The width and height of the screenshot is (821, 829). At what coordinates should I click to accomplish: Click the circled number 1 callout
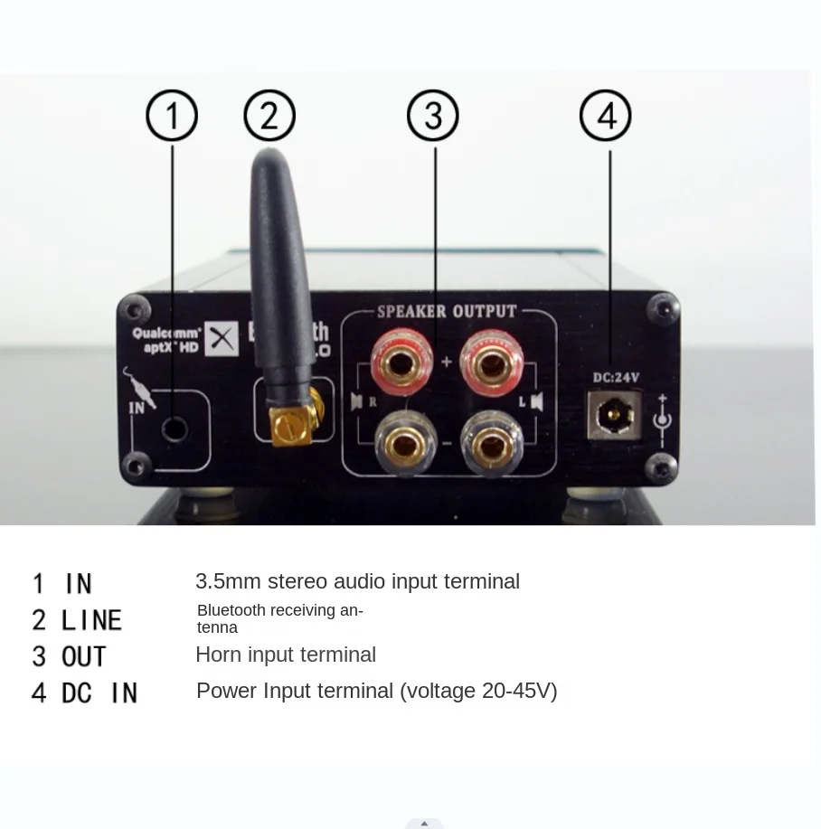172,116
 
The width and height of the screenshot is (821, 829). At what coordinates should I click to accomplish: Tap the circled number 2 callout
269,116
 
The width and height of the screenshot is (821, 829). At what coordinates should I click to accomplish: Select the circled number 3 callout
433,116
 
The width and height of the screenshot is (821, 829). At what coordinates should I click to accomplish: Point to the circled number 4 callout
605,116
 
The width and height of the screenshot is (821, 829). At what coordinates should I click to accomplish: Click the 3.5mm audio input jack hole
174,429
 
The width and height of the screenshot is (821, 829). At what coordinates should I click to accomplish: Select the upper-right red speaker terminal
492,363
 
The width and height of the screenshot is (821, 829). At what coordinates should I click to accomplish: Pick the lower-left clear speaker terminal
401,442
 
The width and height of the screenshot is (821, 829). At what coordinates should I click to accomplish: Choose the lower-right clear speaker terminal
492,442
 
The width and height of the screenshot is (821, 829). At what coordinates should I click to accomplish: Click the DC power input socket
615,416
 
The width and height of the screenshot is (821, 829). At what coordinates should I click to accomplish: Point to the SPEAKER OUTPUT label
447,312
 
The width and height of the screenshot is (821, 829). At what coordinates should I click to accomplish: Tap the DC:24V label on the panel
616,377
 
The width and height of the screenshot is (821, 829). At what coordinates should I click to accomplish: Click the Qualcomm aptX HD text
167,339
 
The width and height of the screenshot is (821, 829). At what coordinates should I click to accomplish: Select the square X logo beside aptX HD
221,339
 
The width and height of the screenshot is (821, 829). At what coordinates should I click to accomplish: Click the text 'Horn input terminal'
286,655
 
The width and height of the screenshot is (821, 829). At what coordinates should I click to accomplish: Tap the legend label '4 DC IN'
85,692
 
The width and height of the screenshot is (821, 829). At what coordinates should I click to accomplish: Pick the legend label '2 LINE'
77,620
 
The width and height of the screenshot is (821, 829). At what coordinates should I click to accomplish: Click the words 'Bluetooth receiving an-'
280,610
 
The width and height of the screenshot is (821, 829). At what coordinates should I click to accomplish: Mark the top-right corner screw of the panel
665,309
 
